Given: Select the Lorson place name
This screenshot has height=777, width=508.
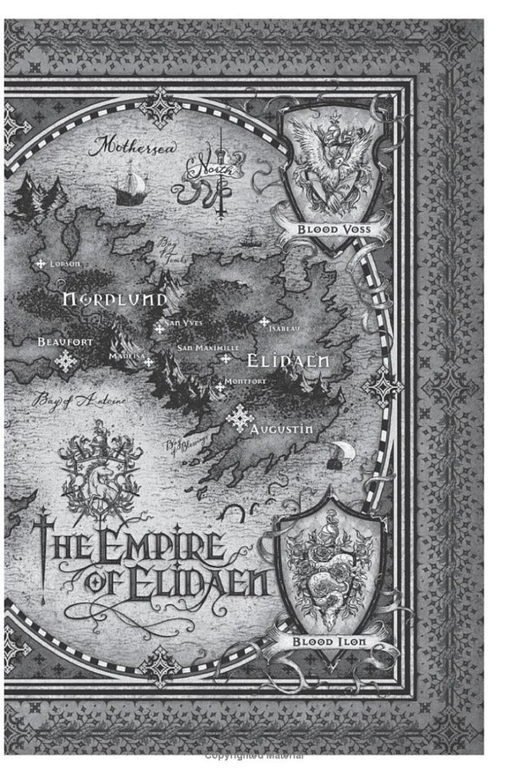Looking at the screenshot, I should tap(64, 264).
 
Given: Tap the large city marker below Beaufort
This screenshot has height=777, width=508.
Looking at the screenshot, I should tap(64, 363).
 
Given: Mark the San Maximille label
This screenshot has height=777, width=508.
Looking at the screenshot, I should tap(208, 347).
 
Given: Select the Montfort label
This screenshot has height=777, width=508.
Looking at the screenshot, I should tap(246, 381).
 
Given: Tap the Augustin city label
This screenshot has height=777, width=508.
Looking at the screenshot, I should tap(283, 430).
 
